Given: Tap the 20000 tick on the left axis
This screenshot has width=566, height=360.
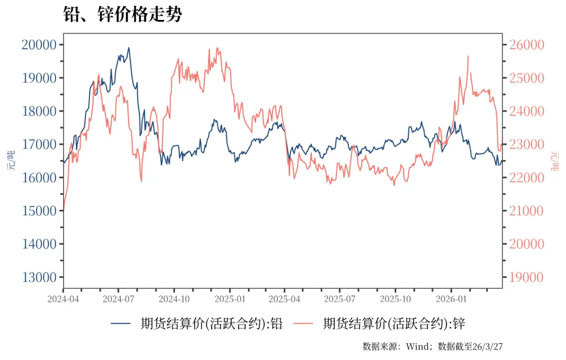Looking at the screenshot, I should pyautogui.click(x=39, y=45).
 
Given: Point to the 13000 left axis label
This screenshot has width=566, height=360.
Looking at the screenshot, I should pyautogui.click(x=39, y=277).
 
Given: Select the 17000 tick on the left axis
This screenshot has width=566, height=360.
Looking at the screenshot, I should pyautogui.click(x=39, y=144).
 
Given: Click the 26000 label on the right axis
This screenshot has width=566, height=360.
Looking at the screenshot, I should pyautogui.click(x=524, y=45).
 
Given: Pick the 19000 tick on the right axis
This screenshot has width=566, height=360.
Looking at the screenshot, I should pyautogui.click(x=524, y=277).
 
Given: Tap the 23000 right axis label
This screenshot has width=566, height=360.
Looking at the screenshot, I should pyautogui.click(x=524, y=144).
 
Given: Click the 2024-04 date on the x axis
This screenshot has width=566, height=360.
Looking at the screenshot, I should pyautogui.click(x=63, y=299).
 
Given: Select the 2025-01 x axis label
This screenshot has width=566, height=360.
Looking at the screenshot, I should pyautogui.click(x=230, y=299).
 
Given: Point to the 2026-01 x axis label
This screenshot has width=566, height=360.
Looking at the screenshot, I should pyautogui.click(x=451, y=299).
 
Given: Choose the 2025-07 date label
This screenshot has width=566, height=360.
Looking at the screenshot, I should pyautogui.click(x=340, y=299).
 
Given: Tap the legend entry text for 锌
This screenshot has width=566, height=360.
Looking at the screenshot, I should pyautogui.click(x=394, y=323).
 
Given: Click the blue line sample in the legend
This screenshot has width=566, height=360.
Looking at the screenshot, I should pyautogui.click(x=121, y=324).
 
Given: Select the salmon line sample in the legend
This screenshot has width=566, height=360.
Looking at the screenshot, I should pyautogui.click(x=304, y=324).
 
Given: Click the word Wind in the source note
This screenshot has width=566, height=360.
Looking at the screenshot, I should pyautogui.click(x=418, y=346).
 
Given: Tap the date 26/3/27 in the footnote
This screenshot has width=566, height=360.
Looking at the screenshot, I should pyautogui.click(x=488, y=346).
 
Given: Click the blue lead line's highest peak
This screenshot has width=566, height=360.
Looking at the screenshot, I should pyautogui.click(x=128, y=48).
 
